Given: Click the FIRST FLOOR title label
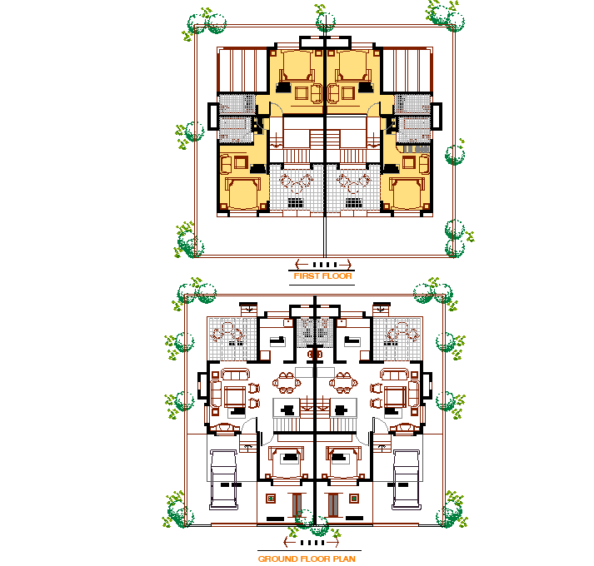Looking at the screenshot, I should pos(322,276).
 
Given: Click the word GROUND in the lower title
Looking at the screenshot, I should pos(277,559).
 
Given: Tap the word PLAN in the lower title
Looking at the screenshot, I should pos(344,559).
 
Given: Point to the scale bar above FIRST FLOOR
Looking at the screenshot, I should pos(322,264).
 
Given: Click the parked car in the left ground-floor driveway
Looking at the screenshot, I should pos(224,478).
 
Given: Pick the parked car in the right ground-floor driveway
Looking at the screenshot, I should pos(405,478).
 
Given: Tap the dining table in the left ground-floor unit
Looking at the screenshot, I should pos(287,385).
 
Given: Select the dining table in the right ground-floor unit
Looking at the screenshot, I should pos(342,385).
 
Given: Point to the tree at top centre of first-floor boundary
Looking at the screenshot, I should pos(325,20).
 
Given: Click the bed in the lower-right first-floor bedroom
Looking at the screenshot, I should pos(406,192).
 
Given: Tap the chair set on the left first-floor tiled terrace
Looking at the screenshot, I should pos(295,184).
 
